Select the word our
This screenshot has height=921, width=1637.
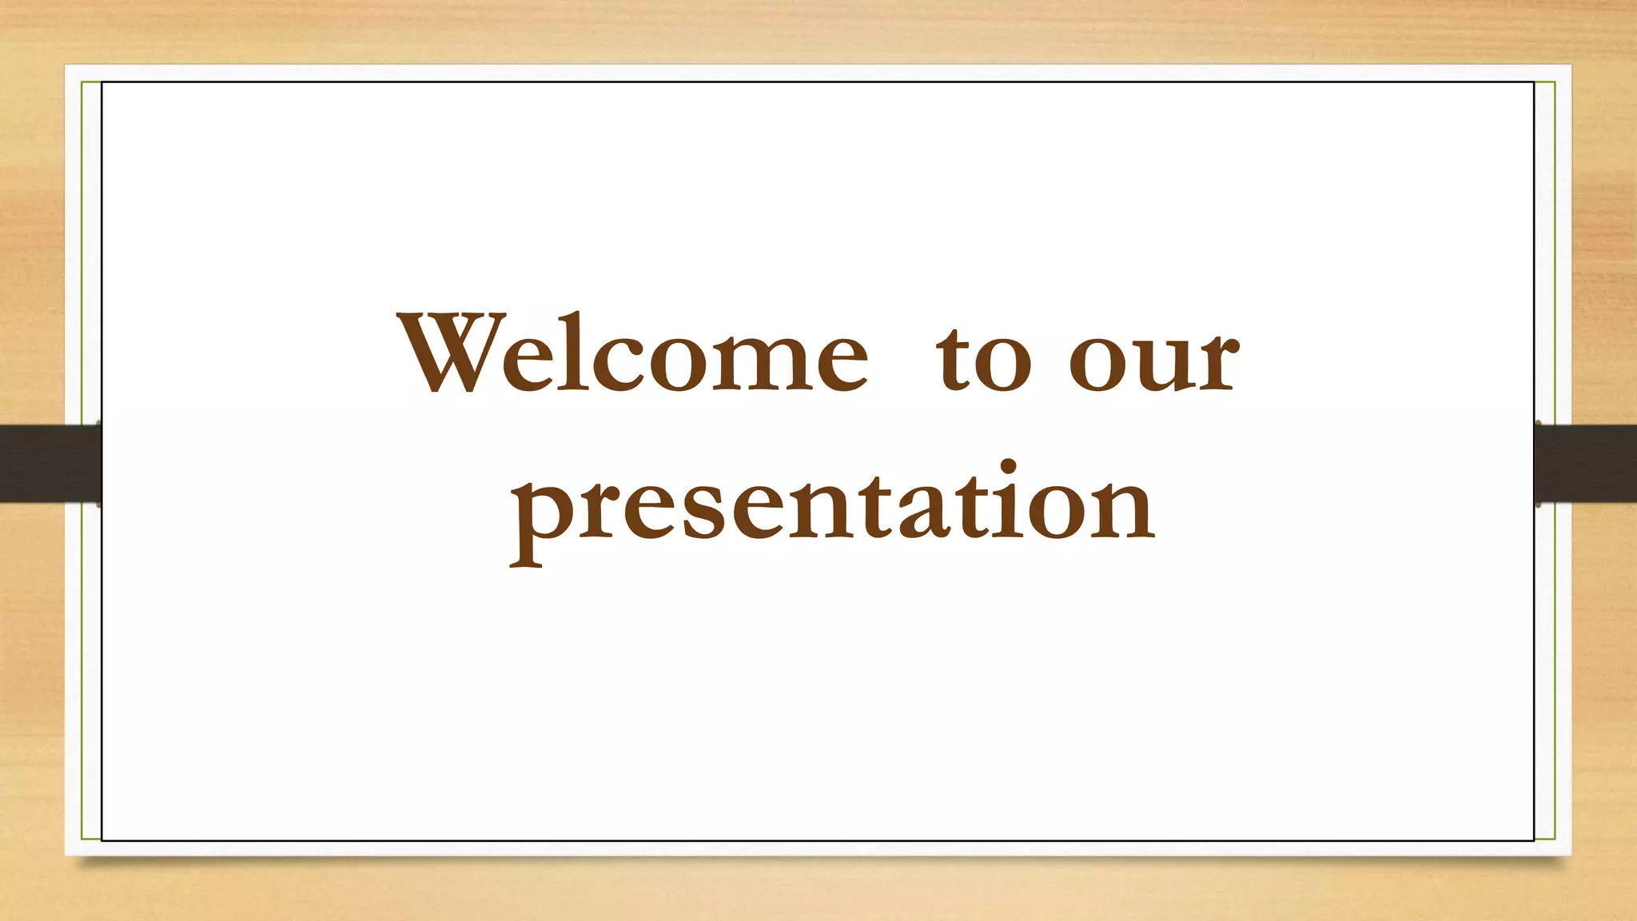click(x=1154, y=360)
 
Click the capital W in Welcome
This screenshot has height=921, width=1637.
click(x=452, y=353)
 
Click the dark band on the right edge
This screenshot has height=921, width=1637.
click(x=1586, y=464)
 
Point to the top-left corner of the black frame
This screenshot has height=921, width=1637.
click(x=102, y=82)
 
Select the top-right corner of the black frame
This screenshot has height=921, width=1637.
click(x=1534, y=82)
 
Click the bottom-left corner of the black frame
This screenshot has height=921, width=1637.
click(x=102, y=840)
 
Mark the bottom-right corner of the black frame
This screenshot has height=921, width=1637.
click(x=1534, y=840)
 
